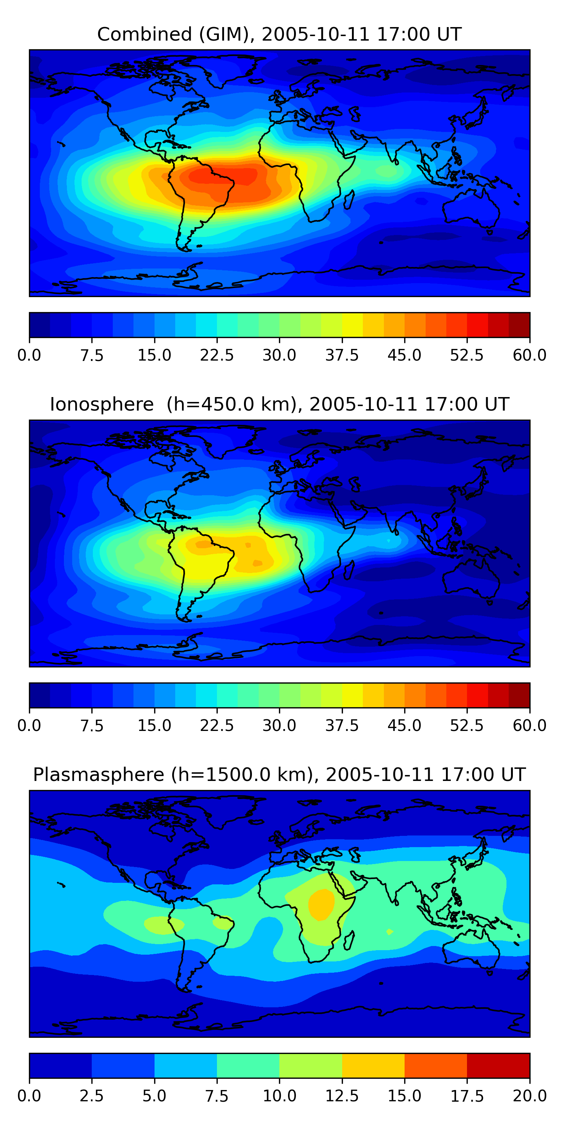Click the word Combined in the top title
click(x=144, y=35)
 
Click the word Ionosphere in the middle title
click(x=102, y=405)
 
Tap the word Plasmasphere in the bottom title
click(x=99, y=775)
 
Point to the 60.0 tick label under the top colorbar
click(x=529, y=355)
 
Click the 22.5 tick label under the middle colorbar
click(x=217, y=726)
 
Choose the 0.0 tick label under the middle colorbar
click(x=29, y=726)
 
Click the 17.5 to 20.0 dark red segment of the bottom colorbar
click(x=498, y=1065)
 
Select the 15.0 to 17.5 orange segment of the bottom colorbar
click(x=436, y=1065)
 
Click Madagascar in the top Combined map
click(x=349, y=200)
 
